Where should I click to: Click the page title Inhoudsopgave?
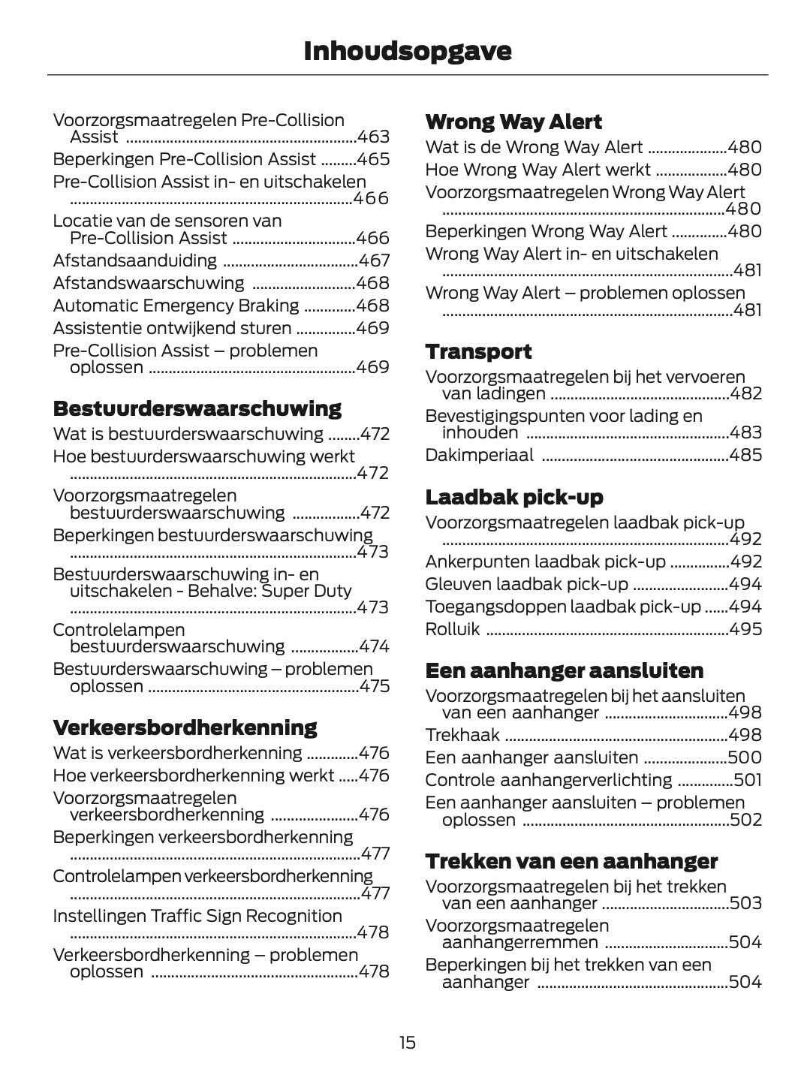(x=407, y=51)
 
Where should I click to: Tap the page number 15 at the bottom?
(x=407, y=1043)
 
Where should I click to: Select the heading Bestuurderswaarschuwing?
(x=197, y=409)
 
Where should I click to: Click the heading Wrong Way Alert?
(x=513, y=122)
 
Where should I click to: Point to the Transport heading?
(x=478, y=351)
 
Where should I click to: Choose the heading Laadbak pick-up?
(x=514, y=497)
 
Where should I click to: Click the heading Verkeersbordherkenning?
(x=185, y=727)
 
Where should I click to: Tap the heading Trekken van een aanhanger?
(x=571, y=861)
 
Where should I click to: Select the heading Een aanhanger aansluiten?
(x=564, y=670)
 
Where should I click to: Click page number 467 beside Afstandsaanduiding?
(x=374, y=260)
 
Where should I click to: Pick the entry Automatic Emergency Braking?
(x=176, y=306)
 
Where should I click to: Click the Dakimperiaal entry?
(x=479, y=455)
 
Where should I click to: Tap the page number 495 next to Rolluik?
(x=745, y=629)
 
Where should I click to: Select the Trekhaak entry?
(x=456, y=735)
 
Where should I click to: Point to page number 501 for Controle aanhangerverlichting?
(x=747, y=780)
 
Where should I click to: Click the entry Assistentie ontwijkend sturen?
(x=172, y=328)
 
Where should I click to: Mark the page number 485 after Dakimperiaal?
(x=745, y=455)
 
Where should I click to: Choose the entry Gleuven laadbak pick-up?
(x=526, y=584)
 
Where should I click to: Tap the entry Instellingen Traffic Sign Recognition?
(x=197, y=916)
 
